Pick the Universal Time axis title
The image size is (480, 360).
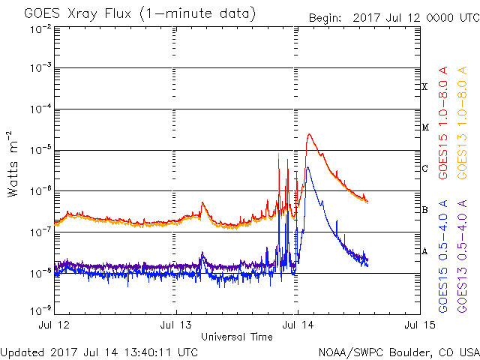[x=236, y=337]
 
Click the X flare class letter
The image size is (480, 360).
[x=425, y=87]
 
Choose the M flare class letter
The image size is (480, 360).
[x=425, y=127]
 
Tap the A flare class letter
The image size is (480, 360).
[x=425, y=251]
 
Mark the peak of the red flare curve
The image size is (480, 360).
[x=309, y=134]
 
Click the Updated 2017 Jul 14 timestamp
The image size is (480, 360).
[x=99, y=351]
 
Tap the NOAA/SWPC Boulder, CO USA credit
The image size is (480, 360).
[x=398, y=351]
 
